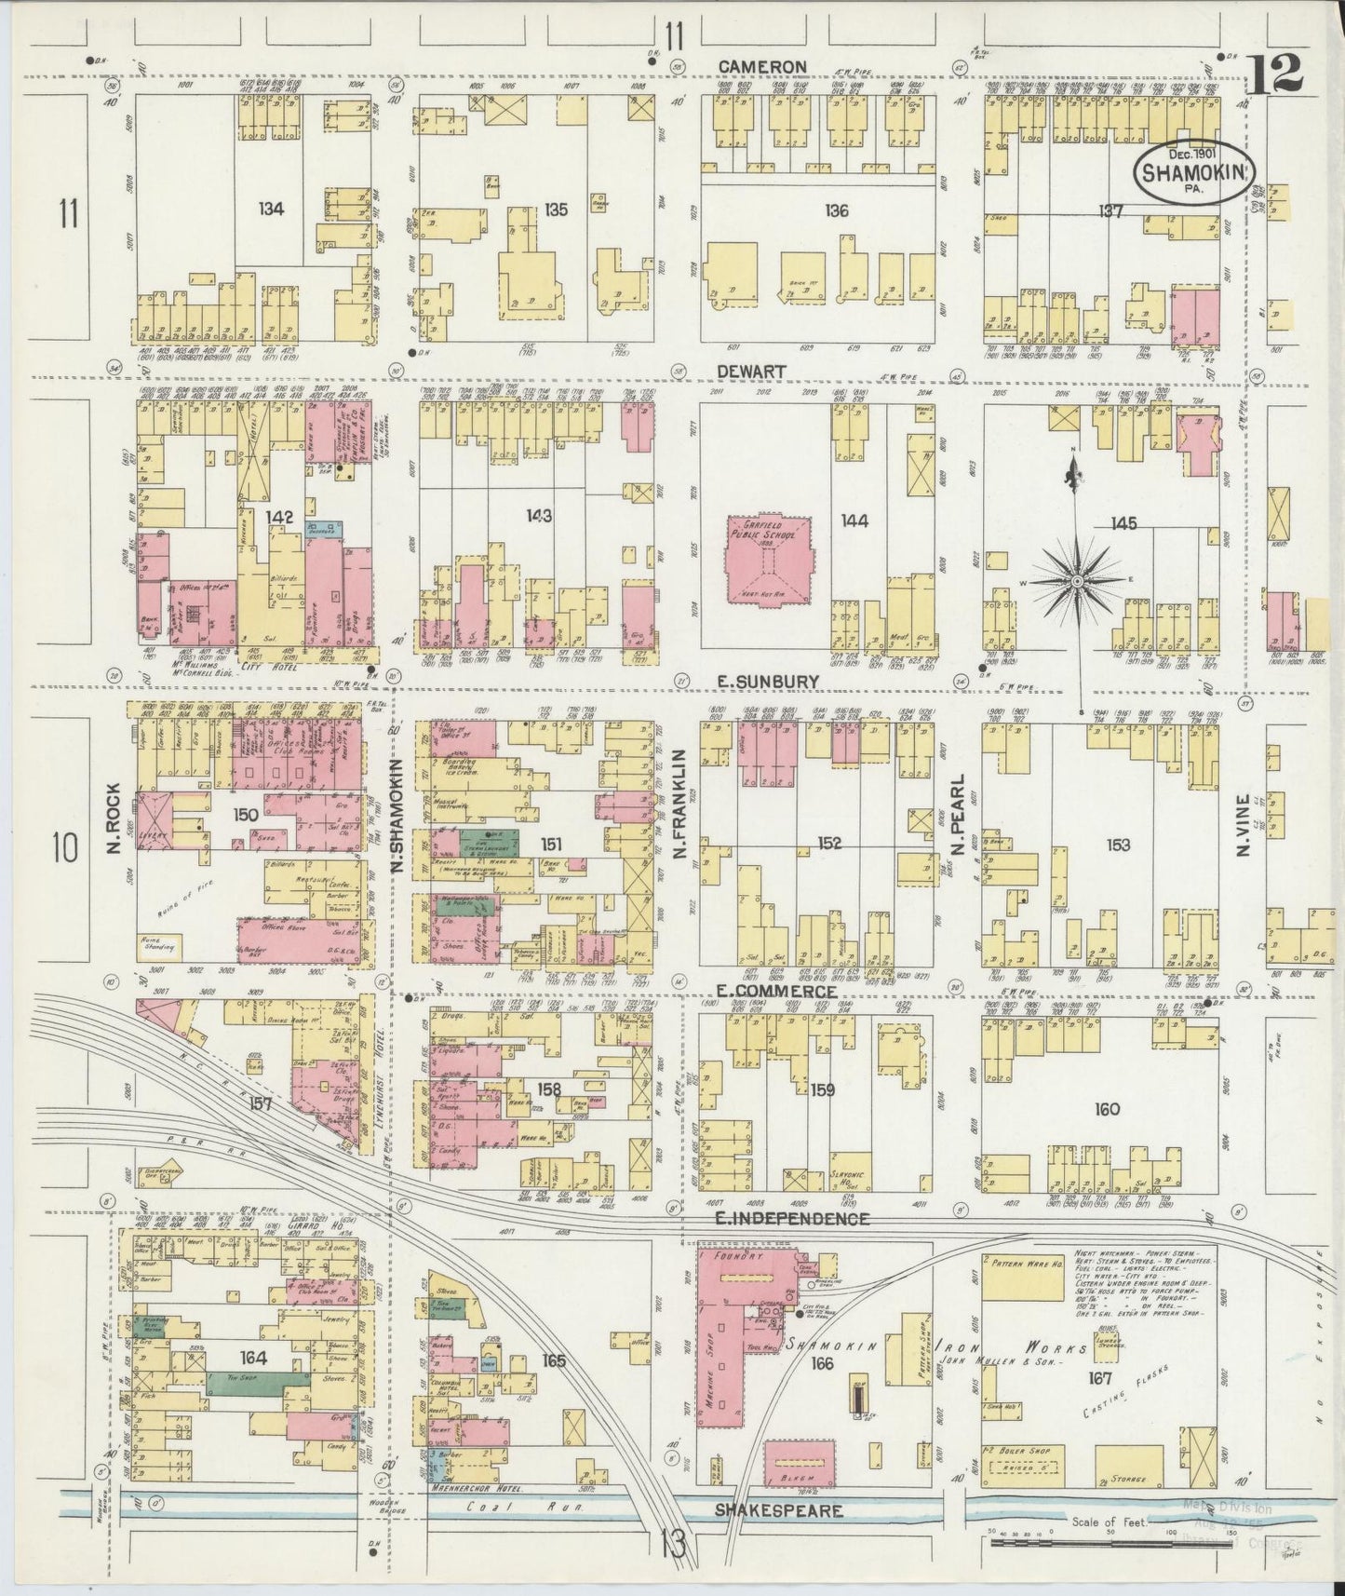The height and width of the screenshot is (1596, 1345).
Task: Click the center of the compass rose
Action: click(1078, 581)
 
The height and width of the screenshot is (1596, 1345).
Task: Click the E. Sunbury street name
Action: click(768, 682)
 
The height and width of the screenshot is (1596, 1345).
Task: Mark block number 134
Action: click(271, 210)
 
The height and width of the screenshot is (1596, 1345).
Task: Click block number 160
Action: click(1107, 1109)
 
